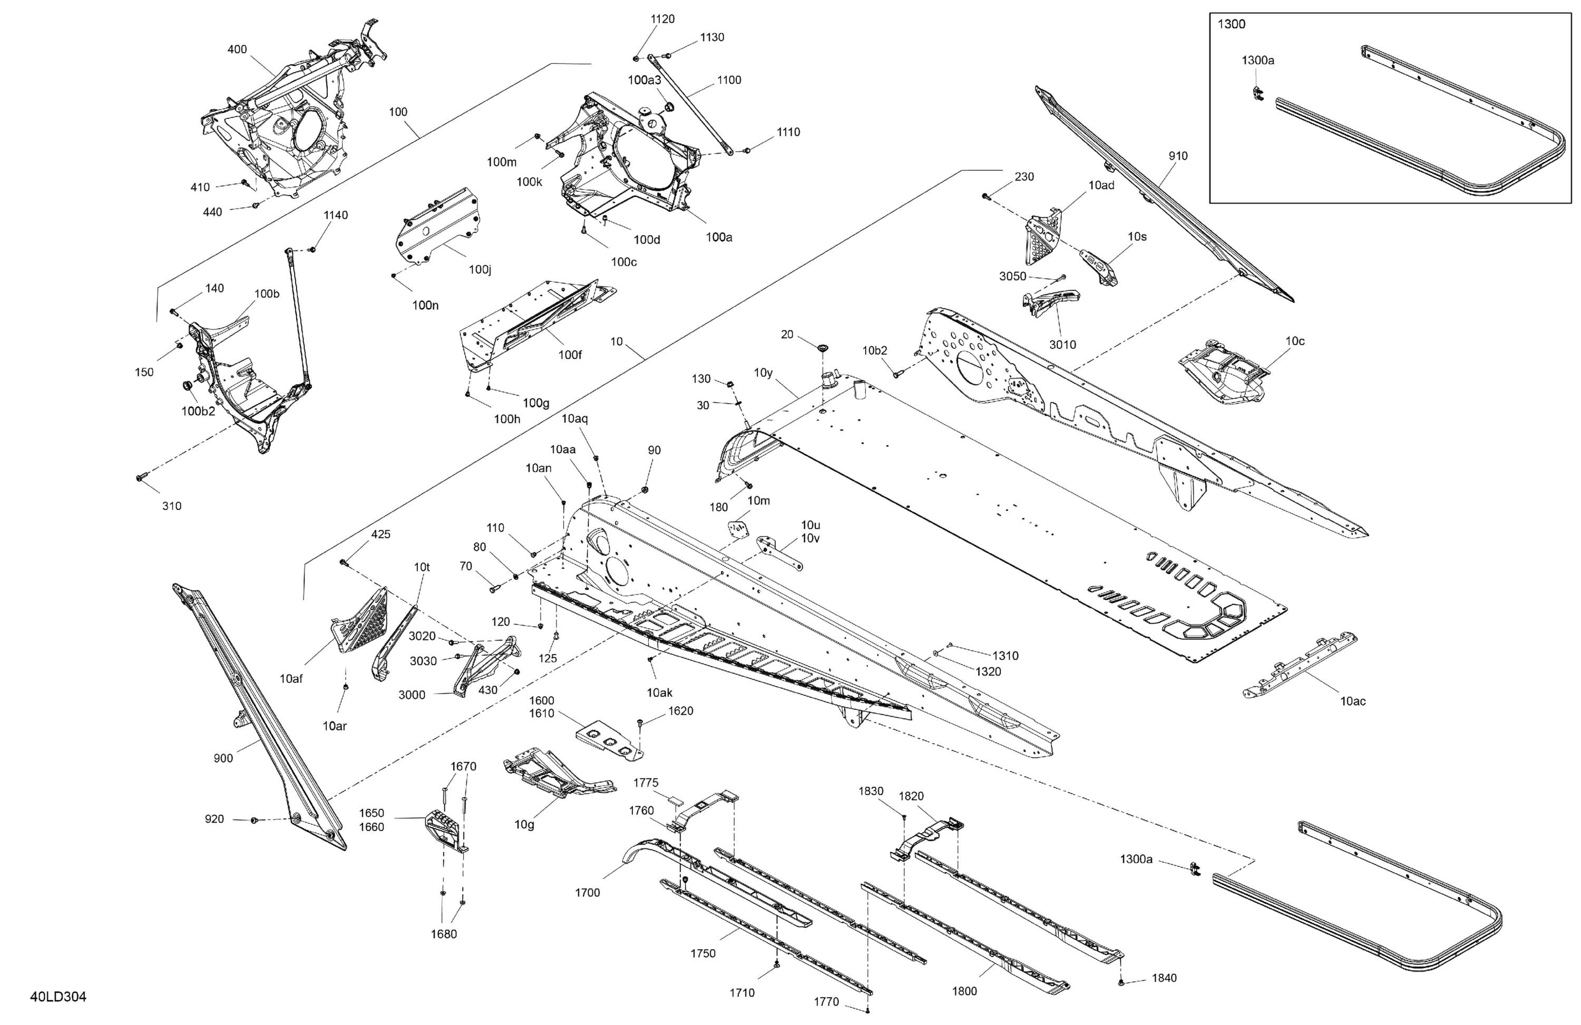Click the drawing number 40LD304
pos(58,997)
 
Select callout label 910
pos(1178,156)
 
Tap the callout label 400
pos(237,49)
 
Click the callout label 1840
pos(1164,978)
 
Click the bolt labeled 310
pos(141,477)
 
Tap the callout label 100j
pos(480,269)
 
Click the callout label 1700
pos(587,893)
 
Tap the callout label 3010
pos(1062,344)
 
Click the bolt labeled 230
pos(986,197)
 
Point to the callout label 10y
pos(763,373)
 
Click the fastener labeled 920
pos(254,821)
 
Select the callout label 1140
pos(336,215)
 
